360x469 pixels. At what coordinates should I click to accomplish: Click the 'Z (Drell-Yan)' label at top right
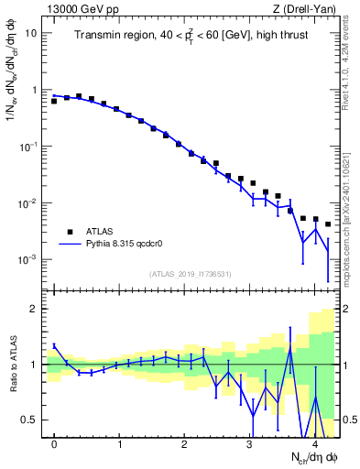click(307, 8)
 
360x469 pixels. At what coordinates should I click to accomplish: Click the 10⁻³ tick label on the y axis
click(28, 260)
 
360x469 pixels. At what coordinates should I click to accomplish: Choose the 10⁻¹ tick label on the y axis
click(28, 147)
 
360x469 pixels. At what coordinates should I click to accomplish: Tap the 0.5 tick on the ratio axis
click(29, 420)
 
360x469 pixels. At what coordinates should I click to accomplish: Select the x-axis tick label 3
click(250, 444)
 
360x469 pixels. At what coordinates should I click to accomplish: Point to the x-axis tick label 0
click(54, 444)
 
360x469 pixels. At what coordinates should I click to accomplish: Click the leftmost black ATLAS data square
click(54, 101)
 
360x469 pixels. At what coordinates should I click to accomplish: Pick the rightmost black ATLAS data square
click(327, 224)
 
